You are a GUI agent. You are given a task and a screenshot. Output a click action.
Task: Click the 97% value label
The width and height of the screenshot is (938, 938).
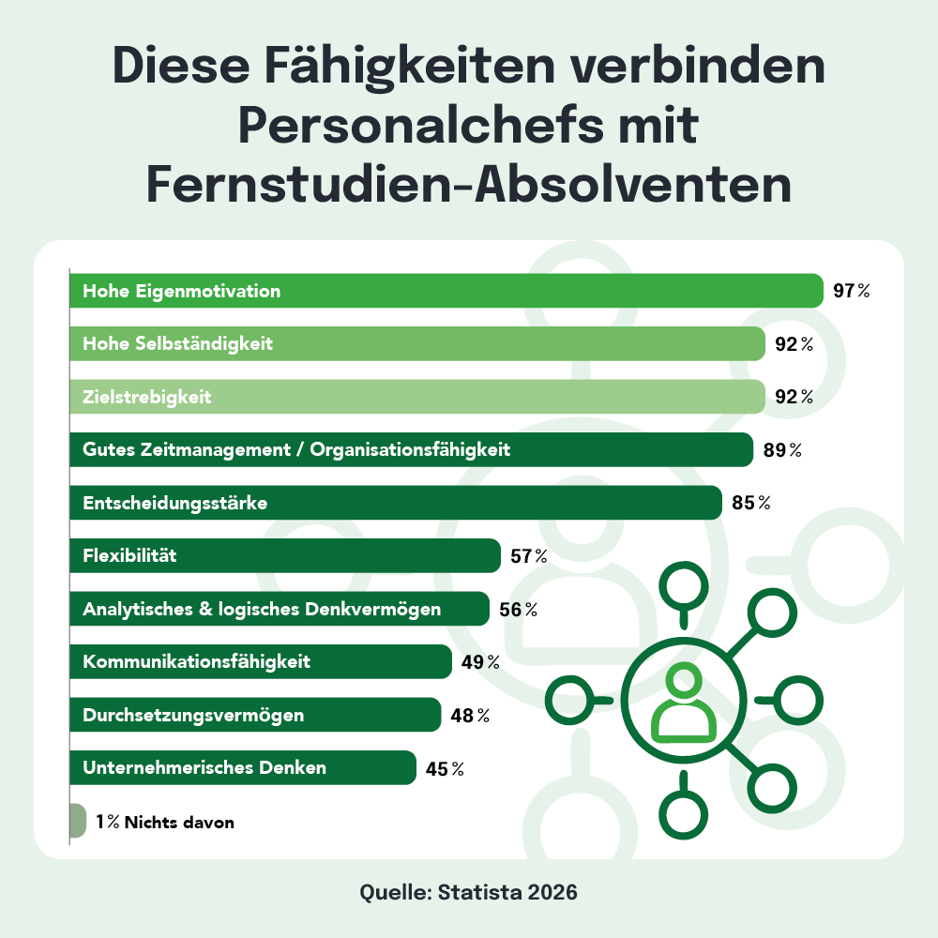pos(851,291)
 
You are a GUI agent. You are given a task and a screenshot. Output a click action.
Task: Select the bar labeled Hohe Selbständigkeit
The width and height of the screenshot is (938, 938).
pos(417,344)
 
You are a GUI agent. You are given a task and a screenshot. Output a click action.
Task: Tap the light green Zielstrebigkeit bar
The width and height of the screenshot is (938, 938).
pos(417,397)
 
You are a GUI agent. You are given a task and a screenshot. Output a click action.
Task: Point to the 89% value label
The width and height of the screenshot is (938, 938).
pos(781,450)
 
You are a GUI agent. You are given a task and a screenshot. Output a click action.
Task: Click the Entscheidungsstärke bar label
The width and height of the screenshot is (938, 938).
pos(175,504)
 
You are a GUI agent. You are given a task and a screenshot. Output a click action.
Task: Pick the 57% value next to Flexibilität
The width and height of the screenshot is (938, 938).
pos(528,556)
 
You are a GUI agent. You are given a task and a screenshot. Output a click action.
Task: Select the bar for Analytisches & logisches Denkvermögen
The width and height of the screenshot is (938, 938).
pos(280,609)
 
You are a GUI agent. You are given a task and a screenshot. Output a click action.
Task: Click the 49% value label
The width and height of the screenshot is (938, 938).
pos(479,662)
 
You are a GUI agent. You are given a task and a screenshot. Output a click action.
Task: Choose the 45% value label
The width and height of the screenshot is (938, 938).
pos(445,768)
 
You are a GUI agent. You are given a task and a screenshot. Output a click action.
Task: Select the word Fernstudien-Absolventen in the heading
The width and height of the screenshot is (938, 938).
pos(469,185)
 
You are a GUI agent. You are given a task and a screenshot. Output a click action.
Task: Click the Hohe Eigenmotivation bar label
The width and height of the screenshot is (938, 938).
pos(182,291)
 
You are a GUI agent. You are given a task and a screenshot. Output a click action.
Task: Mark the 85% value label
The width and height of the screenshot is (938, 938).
pos(750,504)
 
